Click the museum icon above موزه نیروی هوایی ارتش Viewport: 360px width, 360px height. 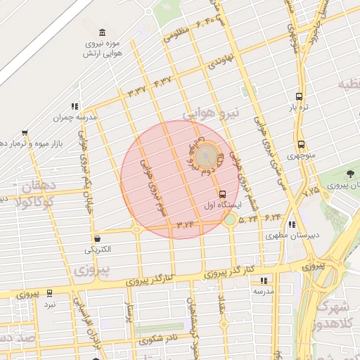(x=103, y=33)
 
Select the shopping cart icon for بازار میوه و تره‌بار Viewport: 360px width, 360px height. (x=25, y=132)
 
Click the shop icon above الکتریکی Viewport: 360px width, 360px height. (x=96, y=239)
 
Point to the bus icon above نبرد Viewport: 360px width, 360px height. (x=49, y=292)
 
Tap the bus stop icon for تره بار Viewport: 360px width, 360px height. (x=300, y=97)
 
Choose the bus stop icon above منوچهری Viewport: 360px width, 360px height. (x=301, y=144)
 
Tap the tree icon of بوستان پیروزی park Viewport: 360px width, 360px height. (x=351, y=174)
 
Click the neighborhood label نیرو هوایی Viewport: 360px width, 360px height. (x=211, y=112)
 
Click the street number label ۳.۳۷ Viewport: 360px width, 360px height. (x=136, y=90)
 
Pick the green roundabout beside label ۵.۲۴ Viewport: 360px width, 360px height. (x=230, y=220)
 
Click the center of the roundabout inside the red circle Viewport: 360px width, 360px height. (x=205, y=154)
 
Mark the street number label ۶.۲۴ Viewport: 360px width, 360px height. (x=271, y=216)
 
